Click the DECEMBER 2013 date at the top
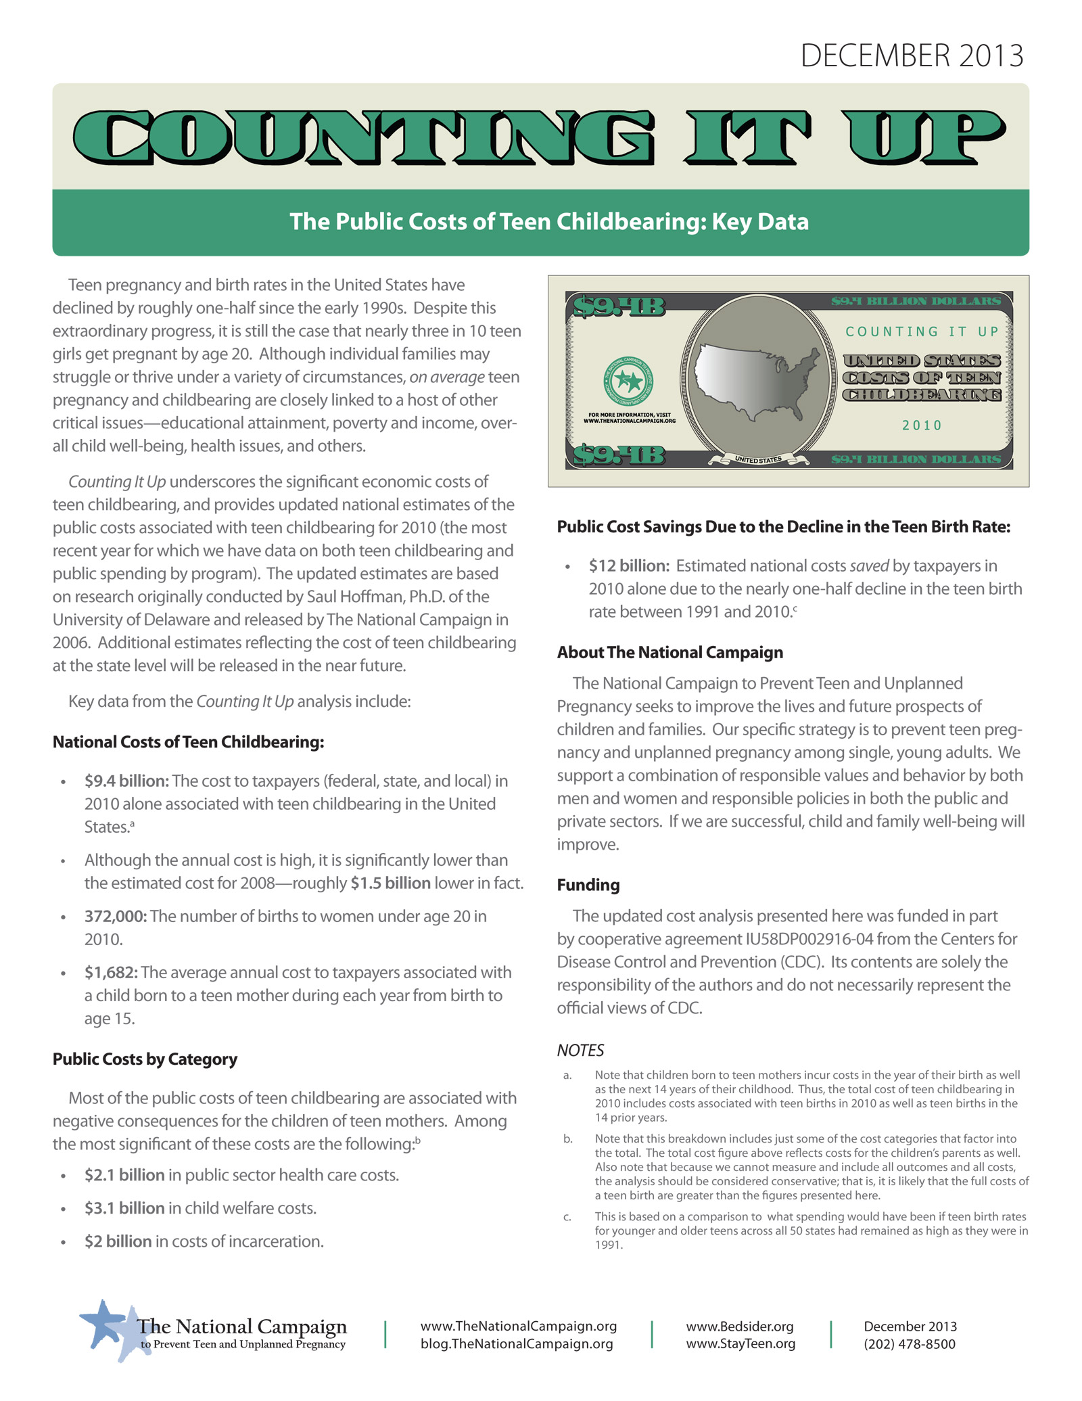(x=912, y=55)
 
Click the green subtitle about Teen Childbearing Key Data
(x=549, y=222)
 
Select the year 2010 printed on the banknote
(x=922, y=426)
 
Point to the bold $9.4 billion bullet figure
(x=126, y=781)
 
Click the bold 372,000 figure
(x=115, y=917)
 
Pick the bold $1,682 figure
(x=111, y=973)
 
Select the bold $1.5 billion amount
(x=390, y=883)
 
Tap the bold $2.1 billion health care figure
(x=124, y=1175)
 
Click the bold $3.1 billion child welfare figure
(x=124, y=1208)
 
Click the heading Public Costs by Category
(x=145, y=1059)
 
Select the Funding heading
(x=588, y=886)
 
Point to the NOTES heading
(x=580, y=1051)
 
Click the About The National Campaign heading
(x=669, y=653)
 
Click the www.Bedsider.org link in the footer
(x=739, y=1327)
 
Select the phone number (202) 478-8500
(x=909, y=1344)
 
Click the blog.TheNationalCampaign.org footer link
(x=517, y=1344)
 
